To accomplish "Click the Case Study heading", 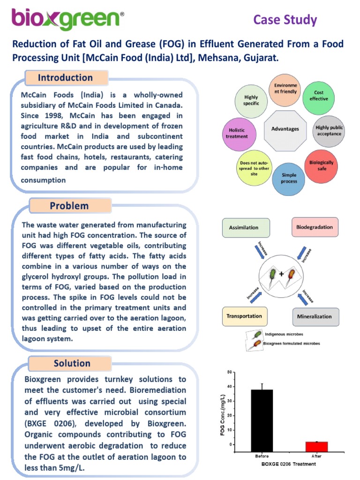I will [285, 20].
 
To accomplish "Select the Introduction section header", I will [65, 78].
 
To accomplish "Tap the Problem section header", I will [69, 206].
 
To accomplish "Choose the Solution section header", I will [72, 363].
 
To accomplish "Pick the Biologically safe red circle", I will [322, 165].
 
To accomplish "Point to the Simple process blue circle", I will [289, 179].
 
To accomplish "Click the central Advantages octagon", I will [285, 128].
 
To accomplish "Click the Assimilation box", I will [247, 227].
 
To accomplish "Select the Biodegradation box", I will [315, 227].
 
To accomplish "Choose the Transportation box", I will [244, 316].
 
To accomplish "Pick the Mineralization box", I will [315, 316].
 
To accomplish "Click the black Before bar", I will [262, 420].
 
